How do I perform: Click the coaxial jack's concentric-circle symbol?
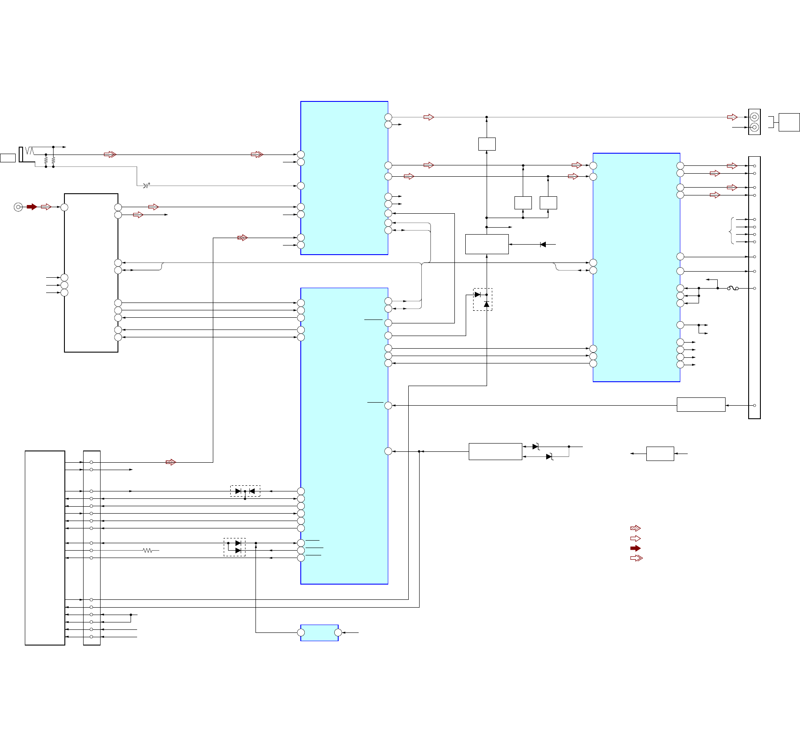(x=18, y=207)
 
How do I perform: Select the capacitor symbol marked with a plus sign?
(x=145, y=186)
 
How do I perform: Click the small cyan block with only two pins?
(x=319, y=633)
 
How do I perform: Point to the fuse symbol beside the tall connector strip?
(x=733, y=288)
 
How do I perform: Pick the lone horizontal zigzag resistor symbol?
(x=148, y=551)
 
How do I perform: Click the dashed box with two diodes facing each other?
(x=245, y=491)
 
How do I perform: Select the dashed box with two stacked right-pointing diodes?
(x=235, y=547)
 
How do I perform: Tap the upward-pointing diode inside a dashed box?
(x=486, y=304)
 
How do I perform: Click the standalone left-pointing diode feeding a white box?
(x=543, y=245)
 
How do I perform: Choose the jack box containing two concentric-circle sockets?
(x=754, y=122)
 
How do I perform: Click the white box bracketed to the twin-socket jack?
(x=789, y=122)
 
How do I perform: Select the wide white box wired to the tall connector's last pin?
(x=701, y=405)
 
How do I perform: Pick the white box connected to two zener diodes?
(x=495, y=451)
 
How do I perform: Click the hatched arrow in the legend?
(x=635, y=528)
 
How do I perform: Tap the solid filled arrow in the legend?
(x=635, y=548)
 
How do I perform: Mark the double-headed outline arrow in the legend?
(x=636, y=558)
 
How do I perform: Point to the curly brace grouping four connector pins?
(x=732, y=231)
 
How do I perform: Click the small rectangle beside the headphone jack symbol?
(x=8, y=158)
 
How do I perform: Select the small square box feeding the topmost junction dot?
(x=487, y=144)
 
